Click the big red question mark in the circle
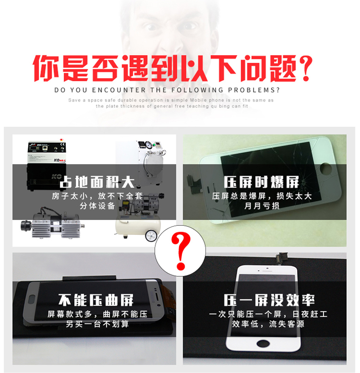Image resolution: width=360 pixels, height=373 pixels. (181, 251)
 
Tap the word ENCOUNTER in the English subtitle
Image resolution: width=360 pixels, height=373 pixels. (118, 90)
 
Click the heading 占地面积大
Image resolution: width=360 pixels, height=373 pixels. (97, 182)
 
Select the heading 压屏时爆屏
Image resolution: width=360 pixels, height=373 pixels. (261, 182)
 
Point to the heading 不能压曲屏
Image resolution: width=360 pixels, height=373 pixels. (96, 300)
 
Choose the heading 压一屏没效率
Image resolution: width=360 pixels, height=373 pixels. (269, 300)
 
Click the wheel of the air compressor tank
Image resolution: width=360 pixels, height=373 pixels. (151, 235)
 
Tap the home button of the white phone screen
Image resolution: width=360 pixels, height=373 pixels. (263, 343)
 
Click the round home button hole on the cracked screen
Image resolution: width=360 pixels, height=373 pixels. (325, 168)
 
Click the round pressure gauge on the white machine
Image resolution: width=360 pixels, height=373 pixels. (149, 145)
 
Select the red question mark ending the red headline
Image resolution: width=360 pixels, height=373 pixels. (305, 68)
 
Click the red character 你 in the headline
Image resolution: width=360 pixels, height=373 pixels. (46, 68)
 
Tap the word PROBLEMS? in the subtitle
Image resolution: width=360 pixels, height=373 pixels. (254, 90)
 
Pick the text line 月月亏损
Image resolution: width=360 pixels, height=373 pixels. (262, 206)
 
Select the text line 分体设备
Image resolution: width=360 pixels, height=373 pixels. (97, 206)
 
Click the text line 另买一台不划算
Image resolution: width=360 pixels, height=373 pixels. (97, 324)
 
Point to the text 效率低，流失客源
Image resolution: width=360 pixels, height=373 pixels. (268, 324)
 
